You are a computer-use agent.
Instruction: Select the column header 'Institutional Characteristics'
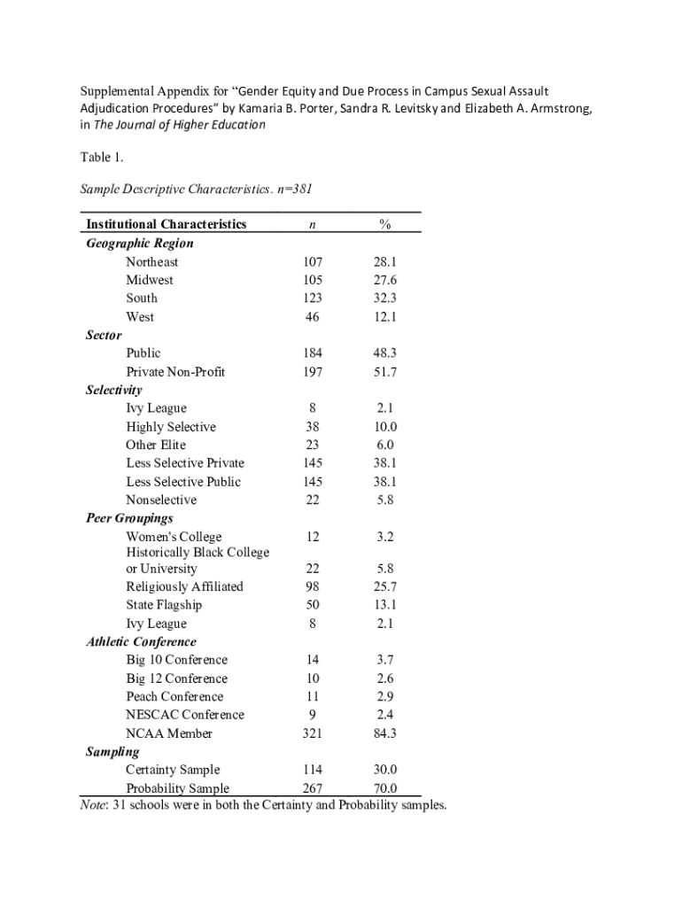pyautogui.click(x=166, y=225)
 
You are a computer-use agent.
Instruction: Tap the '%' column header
pyautogui.click(x=384, y=225)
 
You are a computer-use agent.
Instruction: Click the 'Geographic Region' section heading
pyautogui.click(x=139, y=244)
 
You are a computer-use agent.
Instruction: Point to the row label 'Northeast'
pyautogui.click(x=151, y=262)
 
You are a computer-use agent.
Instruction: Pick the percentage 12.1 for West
pyautogui.click(x=384, y=317)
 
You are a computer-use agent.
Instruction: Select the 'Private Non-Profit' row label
pyautogui.click(x=175, y=372)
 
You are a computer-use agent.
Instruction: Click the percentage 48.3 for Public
pyautogui.click(x=384, y=353)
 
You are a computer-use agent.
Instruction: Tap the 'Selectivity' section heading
pyautogui.click(x=113, y=390)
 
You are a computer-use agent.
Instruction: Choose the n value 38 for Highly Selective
pyautogui.click(x=312, y=427)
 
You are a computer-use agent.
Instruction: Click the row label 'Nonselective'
pyautogui.click(x=161, y=500)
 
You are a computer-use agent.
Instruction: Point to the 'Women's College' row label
pyautogui.click(x=174, y=537)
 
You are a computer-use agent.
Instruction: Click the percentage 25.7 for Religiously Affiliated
pyautogui.click(x=384, y=587)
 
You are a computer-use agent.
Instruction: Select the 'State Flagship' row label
pyautogui.click(x=164, y=605)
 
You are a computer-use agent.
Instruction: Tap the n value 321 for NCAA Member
pyautogui.click(x=312, y=733)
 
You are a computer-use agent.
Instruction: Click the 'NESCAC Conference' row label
pyautogui.click(x=185, y=715)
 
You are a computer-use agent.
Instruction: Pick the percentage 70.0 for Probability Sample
pyautogui.click(x=384, y=788)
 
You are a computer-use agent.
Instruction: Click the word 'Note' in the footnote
pyautogui.click(x=93, y=805)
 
